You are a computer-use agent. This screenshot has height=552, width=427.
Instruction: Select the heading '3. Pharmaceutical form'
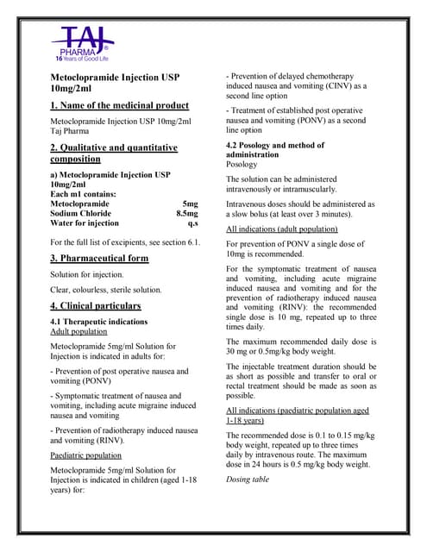(x=99, y=259)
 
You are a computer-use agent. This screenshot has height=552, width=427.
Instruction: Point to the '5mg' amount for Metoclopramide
(x=190, y=203)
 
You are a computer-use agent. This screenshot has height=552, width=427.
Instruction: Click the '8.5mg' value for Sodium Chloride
(x=186, y=213)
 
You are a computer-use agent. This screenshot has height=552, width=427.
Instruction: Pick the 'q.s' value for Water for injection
(x=192, y=223)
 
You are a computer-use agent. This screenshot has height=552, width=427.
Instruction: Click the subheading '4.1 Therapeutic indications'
(x=105, y=321)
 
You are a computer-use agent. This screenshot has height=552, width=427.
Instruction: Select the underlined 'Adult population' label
(x=79, y=331)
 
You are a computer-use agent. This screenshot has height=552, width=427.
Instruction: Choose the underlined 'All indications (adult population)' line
(x=281, y=230)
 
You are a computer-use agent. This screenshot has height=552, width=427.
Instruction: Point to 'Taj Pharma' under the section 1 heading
(x=72, y=135)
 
